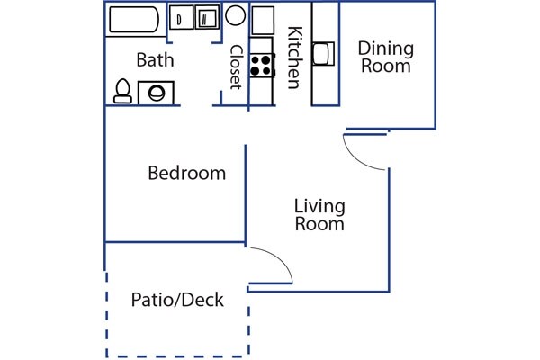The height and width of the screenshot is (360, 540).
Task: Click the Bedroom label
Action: [186, 173]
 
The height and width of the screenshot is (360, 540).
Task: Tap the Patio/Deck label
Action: [177, 300]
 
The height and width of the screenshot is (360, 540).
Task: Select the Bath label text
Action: [155, 60]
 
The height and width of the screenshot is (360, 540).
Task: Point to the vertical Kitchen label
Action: [295, 58]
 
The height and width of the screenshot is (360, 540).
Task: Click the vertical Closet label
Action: [236, 67]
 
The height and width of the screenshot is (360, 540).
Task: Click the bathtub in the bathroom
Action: [134, 20]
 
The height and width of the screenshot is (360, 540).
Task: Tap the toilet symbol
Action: [122, 91]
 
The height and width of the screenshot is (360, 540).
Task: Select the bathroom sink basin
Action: [157, 93]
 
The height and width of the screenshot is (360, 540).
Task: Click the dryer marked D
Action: [182, 17]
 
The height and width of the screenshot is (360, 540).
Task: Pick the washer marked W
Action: [207, 17]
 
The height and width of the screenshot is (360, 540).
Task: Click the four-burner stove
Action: [262, 66]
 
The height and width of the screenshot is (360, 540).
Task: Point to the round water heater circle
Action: [236, 15]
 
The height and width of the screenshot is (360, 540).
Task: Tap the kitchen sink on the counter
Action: [323, 54]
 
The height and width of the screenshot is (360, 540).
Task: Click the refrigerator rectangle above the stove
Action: [263, 21]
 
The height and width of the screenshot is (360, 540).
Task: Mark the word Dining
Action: [386, 49]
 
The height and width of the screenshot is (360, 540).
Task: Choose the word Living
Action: [319, 207]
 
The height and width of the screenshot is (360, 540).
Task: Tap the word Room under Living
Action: [319, 224]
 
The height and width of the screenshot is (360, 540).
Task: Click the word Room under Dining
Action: [386, 66]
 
